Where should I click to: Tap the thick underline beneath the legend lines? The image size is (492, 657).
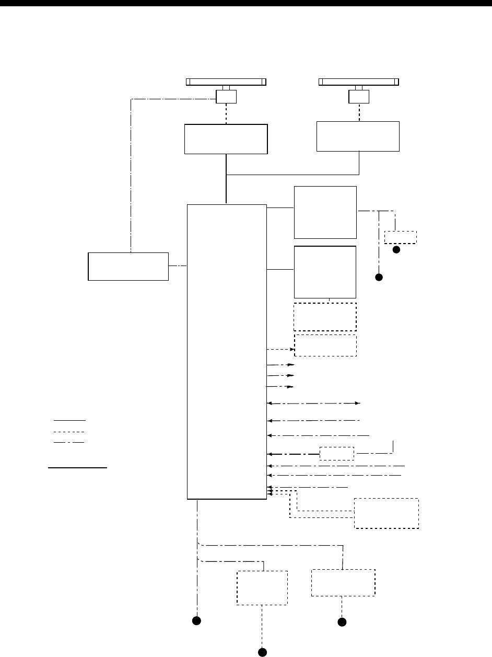point(77,468)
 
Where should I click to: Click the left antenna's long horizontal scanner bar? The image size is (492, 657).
point(226,82)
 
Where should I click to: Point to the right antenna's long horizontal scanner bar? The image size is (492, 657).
point(359,82)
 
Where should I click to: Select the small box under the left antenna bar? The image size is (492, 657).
point(226,97)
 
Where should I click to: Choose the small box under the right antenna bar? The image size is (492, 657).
point(359,97)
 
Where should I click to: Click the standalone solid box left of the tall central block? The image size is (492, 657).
point(128,267)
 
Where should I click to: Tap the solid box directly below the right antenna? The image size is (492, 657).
point(358,136)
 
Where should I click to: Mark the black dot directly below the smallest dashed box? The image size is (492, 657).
point(396,250)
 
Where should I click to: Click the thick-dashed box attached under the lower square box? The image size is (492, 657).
point(325,317)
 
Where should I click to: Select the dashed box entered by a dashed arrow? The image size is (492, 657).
point(326,345)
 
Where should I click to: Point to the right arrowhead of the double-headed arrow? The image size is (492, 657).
point(358,404)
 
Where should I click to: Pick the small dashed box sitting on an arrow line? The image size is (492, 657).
point(337,453)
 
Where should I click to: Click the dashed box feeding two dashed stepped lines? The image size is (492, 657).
point(386,513)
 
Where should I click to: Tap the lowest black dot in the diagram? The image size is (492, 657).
point(263,652)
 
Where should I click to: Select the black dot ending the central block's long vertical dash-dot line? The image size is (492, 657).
point(196,621)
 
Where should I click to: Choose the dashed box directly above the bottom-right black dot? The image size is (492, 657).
point(343,583)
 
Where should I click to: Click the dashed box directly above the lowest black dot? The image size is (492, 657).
point(262,588)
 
